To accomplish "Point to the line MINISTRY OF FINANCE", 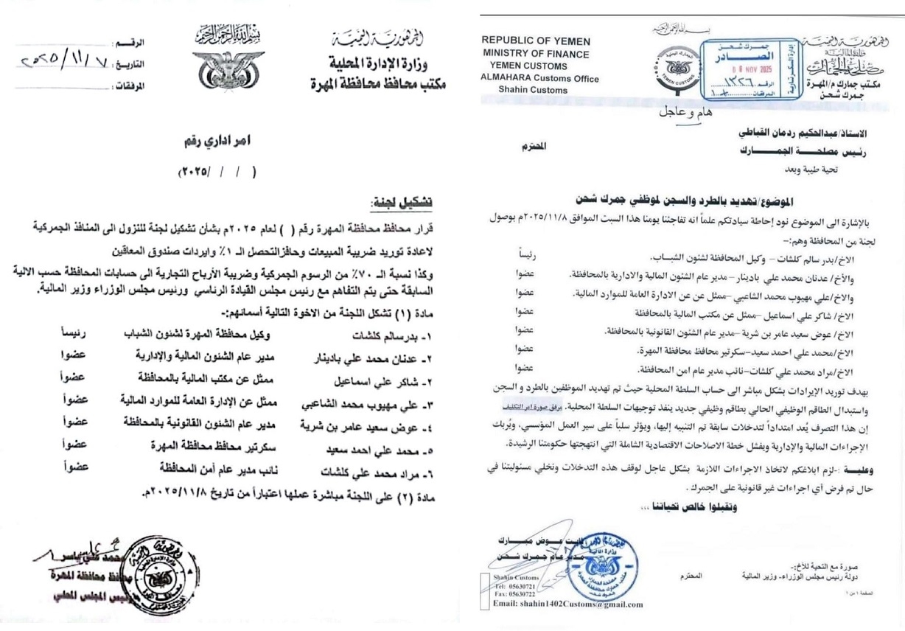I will click(536, 53).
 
